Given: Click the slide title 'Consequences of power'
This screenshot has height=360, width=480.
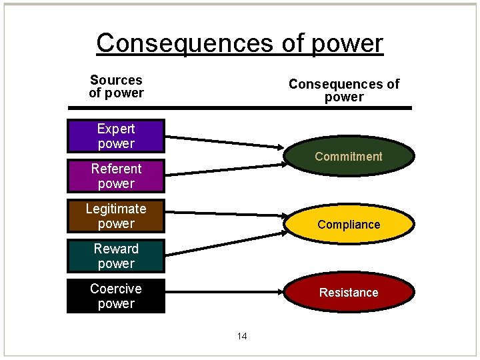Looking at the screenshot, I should pyautogui.click(x=240, y=43).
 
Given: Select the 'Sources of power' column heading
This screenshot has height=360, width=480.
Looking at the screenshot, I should pyautogui.click(x=116, y=87).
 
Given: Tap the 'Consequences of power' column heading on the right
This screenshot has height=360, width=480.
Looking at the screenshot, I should pyautogui.click(x=343, y=91).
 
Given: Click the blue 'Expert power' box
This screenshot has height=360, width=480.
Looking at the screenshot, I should pyautogui.click(x=116, y=136).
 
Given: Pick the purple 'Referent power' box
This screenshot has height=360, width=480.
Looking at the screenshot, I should pyautogui.click(x=116, y=176).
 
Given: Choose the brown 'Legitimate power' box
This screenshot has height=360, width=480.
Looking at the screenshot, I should pyautogui.click(x=116, y=216).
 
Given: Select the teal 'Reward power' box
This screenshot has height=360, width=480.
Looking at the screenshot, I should pyautogui.click(x=116, y=256).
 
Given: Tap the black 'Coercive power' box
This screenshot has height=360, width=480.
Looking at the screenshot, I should pyautogui.click(x=116, y=296).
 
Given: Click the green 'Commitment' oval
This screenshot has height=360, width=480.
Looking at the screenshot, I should pyautogui.click(x=348, y=157).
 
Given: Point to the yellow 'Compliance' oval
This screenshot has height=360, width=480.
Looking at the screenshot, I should pyautogui.click(x=348, y=225).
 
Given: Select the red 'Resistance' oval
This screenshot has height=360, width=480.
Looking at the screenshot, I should pyautogui.click(x=348, y=293).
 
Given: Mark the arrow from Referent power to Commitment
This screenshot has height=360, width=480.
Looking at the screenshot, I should pyautogui.click(x=223, y=169).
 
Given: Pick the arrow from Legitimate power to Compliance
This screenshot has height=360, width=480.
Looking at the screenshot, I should pyautogui.click(x=223, y=214).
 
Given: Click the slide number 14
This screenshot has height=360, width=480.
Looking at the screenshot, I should pyautogui.click(x=241, y=336).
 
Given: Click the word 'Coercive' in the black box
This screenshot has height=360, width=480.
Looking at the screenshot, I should pyautogui.click(x=116, y=289).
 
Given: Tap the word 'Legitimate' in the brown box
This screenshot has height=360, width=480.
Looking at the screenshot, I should pyautogui.click(x=116, y=209).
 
